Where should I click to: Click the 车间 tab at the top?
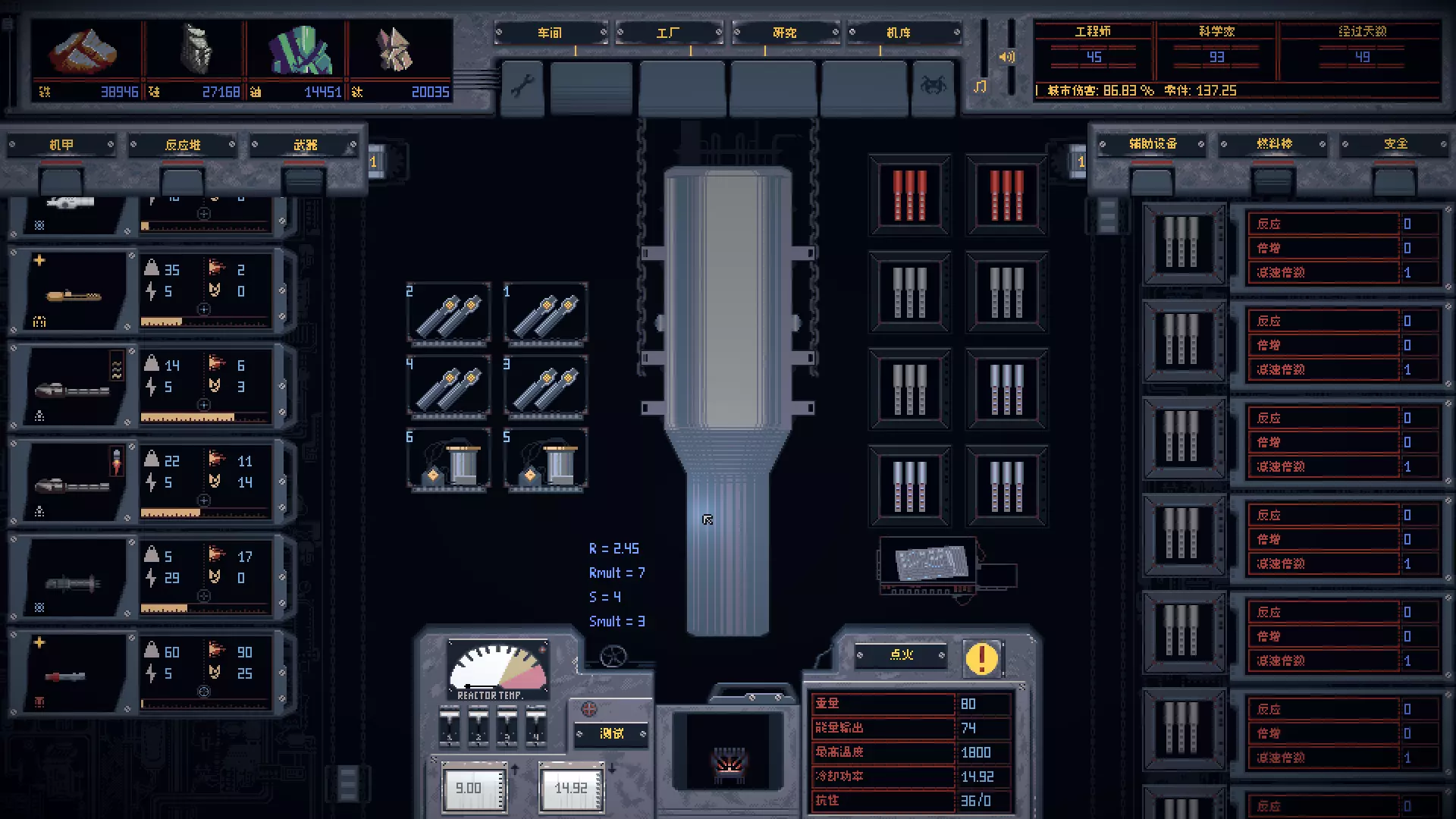551,33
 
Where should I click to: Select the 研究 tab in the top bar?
784,33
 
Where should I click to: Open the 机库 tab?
899,33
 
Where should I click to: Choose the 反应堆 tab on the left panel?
183,145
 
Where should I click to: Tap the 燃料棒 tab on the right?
1274,144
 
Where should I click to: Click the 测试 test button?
611,733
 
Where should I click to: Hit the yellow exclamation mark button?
981,658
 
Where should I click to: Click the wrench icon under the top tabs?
522,86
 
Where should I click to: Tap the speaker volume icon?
1006,57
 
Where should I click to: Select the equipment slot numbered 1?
546,313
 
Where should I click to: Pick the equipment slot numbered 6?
449,460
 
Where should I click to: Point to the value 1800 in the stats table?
975,752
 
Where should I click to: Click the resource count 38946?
119,92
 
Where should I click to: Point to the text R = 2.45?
614,548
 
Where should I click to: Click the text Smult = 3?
617,621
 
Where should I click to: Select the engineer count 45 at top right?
1094,57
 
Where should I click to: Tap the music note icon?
980,86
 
